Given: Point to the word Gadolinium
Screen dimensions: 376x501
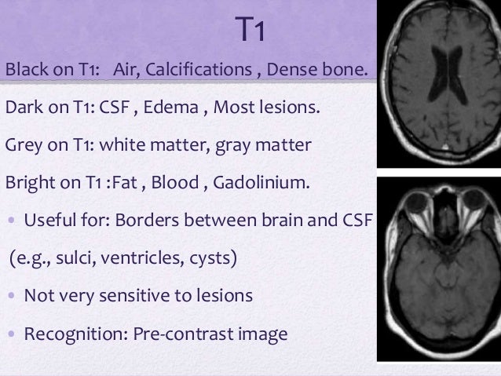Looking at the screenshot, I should tap(266, 184).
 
